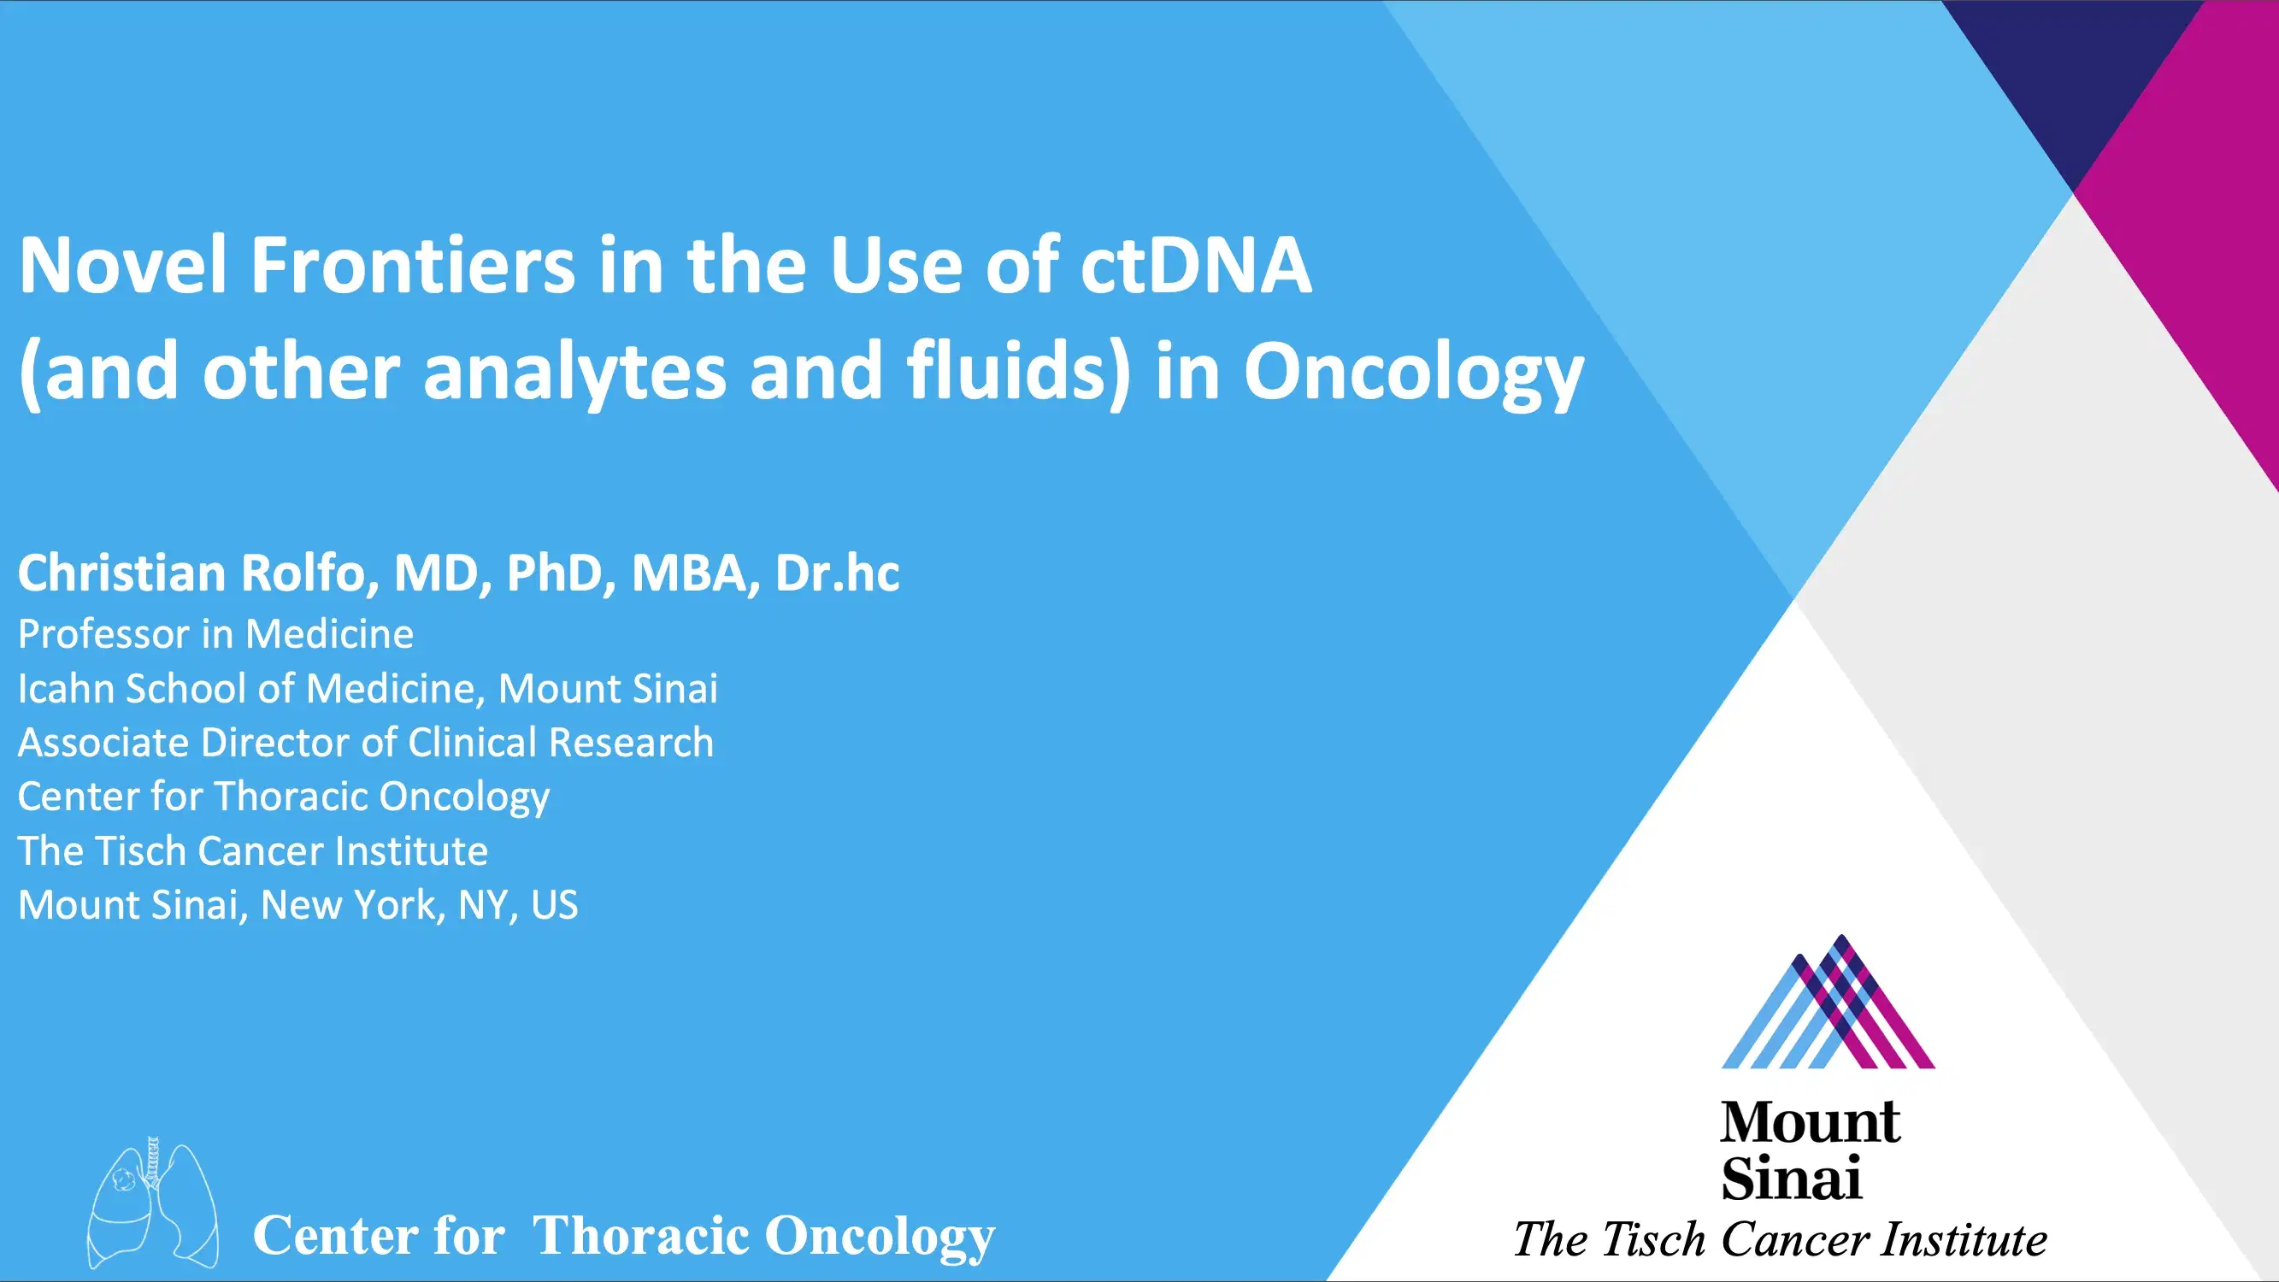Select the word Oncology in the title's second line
click(x=1413, y=372)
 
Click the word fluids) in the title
click(x=1018, y=372)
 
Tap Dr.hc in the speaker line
click(x=837, y=573)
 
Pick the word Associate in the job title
click(x=103, y=743)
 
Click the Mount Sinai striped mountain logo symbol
click(x=1828, y=1004)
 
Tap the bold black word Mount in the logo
click(x=1810, y=1124)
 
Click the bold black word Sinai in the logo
click(x=1792, y=1179)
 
